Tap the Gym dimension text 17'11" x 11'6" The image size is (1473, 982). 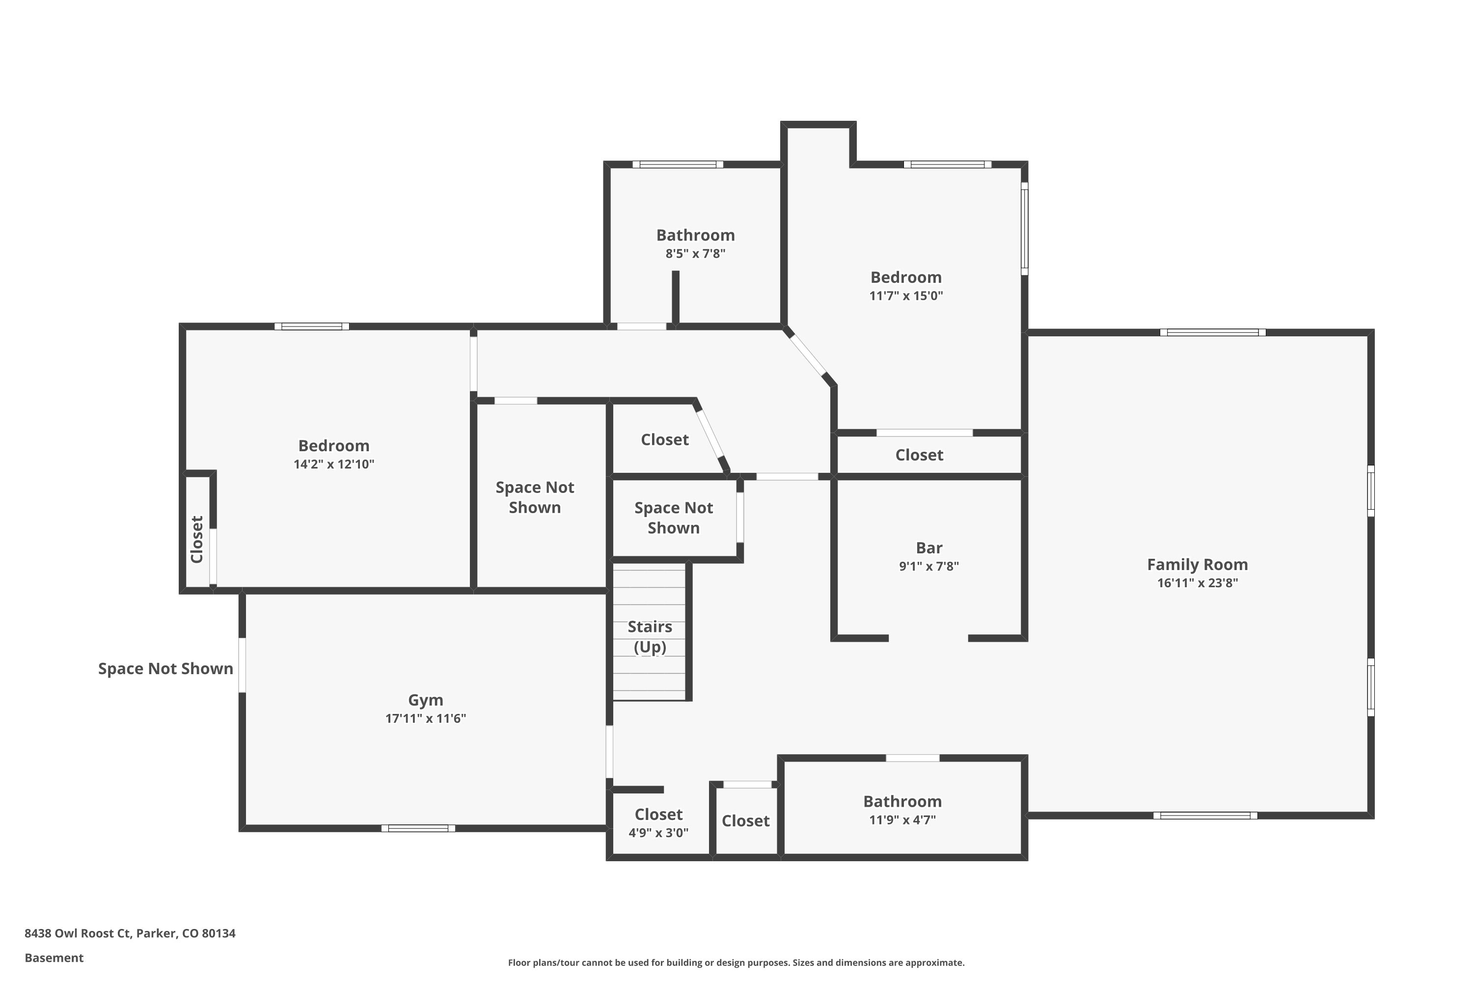(x=425, y=718)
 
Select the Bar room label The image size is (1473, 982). (x=929, y=548)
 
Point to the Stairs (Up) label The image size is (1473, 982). (x=650, y=636)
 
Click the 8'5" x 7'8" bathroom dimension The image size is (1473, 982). (x=695, y=254)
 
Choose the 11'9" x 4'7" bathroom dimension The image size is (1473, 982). (x=902, y=820)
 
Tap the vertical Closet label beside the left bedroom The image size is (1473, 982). (x=197, y=539)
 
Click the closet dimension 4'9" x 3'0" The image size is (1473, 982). (x=658, y=833)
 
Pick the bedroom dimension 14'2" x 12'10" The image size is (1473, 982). (x=334, y=464)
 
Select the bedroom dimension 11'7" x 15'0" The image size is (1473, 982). (x=905, y=296)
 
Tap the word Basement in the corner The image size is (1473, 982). (x=54, y=957)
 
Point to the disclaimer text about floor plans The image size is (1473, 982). (x=736, y=962)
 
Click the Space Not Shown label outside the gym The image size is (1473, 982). (x=165, y=669)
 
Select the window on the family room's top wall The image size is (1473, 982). (x=1212, y=332)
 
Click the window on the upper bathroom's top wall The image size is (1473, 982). (x=678, y=164)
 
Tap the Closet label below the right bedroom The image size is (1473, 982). (x=919, y=455)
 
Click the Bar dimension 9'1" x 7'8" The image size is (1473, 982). (x=929, y=566)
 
